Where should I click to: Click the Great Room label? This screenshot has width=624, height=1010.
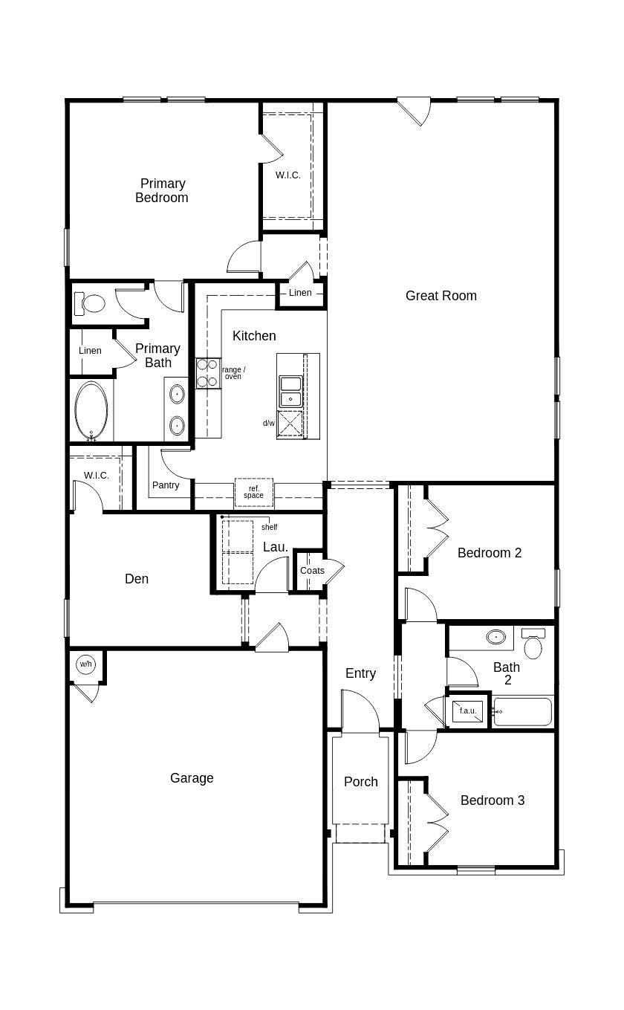[x=441, y=296]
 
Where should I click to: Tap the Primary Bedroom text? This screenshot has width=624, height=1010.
[x=162, y=190]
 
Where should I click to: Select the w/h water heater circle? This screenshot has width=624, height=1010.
[x=86, y=664]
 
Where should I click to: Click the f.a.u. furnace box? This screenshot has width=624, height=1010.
[x=467, y=711]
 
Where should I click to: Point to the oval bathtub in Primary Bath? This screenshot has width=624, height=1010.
[x=91, y=411]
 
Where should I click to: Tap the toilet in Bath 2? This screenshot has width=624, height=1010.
[x=533, y=644]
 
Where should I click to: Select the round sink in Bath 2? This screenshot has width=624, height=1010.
[x=496, y=637]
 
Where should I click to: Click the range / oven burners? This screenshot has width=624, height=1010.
[x=207, y=373]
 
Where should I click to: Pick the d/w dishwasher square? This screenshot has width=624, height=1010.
[x=290, y=424]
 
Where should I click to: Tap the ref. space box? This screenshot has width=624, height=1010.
[x=254, y=492]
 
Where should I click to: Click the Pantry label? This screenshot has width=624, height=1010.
[x=166, y=485]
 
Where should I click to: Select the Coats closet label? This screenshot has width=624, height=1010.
[x=312, y=571]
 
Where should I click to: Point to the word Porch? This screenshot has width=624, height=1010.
[x=361, y=782]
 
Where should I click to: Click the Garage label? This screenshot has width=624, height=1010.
[x=192, y=778]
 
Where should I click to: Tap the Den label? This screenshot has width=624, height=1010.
[x=137, y=579]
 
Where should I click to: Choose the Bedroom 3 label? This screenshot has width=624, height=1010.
[x=493, y=800]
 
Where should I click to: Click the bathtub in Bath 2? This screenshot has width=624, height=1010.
[x=523, y=711]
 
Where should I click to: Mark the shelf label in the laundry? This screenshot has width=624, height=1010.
[x=269, y=527]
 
